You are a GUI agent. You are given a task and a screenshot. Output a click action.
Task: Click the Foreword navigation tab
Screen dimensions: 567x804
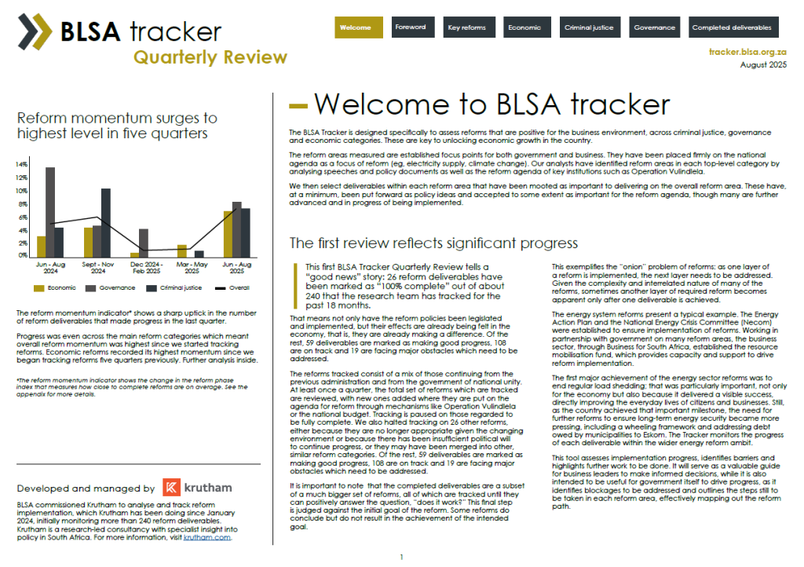[x=411, y=27]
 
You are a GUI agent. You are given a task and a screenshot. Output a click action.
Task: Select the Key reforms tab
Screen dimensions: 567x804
[x=467, y=27]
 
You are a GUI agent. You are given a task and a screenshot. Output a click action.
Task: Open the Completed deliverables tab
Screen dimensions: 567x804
[x=731, y=27]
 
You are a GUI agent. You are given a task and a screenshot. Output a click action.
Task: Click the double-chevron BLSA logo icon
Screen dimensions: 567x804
[x=36, y=32]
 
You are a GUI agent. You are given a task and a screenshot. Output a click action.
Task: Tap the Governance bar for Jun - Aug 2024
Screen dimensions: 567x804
[x=50, y=212]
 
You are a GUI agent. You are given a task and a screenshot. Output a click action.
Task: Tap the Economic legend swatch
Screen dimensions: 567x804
[x=38, y=288]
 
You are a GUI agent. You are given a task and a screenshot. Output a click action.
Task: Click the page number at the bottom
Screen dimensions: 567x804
[x=401, y=558]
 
